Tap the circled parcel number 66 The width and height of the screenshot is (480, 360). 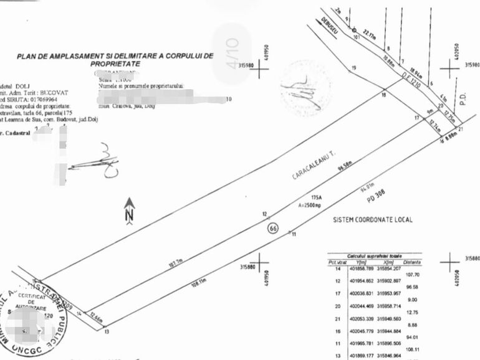point(272,229)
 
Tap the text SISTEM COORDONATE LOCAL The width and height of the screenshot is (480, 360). point(373,219)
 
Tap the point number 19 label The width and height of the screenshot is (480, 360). point(354,68)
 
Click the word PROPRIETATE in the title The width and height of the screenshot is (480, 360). point(114,64)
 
